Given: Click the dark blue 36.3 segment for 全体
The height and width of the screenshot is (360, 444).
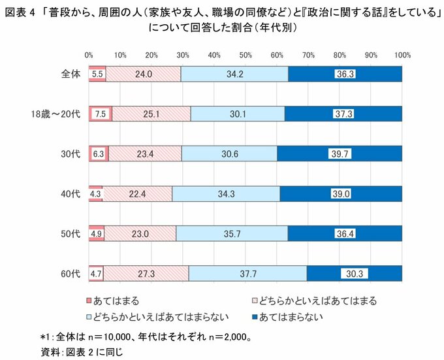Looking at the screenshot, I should point(345,74).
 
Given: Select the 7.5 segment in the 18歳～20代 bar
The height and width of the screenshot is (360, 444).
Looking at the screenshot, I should point(101,114).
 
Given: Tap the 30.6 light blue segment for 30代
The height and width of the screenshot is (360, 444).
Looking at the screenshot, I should point(229,154).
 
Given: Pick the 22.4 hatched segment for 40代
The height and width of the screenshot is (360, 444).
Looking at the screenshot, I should point(137,193).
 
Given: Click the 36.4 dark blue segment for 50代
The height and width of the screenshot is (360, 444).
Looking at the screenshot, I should point(345,233).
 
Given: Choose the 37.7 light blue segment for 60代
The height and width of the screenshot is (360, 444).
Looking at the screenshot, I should point(247,273).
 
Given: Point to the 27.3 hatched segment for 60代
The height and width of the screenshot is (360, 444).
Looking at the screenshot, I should point(146,273).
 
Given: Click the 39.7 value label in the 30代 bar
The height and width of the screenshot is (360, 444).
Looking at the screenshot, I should point(339,154).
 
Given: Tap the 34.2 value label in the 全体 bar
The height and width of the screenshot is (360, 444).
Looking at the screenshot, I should point(234,74).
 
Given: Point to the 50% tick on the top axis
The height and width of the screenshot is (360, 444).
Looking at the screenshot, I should point(246,56).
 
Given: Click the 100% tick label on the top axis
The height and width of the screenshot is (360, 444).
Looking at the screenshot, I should point(402,56).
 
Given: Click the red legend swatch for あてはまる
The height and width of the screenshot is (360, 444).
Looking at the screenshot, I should point(89,301).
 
